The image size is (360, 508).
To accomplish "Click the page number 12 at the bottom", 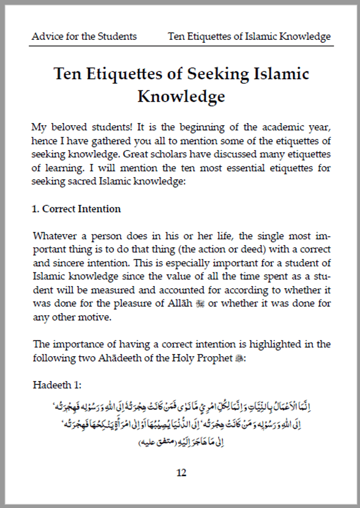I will (181, 473).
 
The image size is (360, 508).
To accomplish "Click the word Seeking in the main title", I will (211, 74).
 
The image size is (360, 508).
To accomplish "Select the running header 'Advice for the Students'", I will (84, 37).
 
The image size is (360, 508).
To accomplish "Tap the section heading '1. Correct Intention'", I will (76, 209).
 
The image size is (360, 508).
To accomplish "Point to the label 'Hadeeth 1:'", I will (57, 385).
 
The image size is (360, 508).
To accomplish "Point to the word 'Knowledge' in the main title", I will (181, 97).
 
